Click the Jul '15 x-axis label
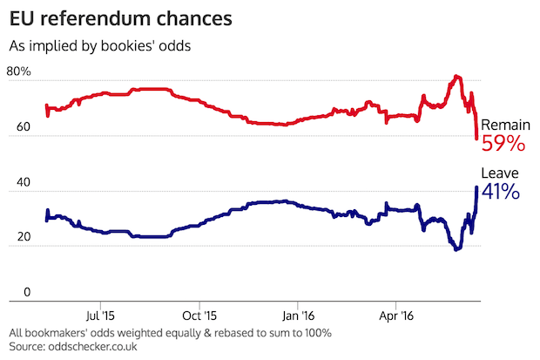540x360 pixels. [x=102, y=316]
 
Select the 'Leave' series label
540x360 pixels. [x=499, y=173]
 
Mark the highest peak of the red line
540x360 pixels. [x=456, y=77]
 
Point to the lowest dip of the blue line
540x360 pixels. [x=456, y=249]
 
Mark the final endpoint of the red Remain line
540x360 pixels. [x=476, y=138]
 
